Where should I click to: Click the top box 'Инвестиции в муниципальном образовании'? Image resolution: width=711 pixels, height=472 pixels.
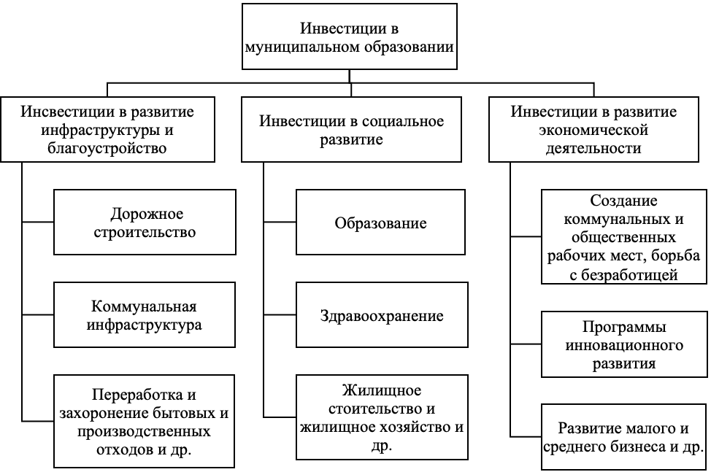click(x=349, y=36)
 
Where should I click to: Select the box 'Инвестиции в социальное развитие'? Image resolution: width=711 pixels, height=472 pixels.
click(x=351, y=130)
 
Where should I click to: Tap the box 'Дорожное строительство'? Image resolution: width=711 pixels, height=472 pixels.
click(x=145, y=222)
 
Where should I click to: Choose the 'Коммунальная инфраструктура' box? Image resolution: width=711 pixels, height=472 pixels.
click(x=145, y=315)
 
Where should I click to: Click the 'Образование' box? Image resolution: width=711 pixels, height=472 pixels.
click(x=380, y=222)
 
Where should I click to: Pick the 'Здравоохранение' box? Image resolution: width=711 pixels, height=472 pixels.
click(x=382, y=315)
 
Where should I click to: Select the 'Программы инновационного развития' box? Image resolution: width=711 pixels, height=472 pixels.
click(x=624, y=344)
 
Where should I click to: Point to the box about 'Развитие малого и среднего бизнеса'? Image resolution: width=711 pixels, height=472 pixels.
click(x=624, y=437)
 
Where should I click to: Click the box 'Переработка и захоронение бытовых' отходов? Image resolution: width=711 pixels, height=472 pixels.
click(x=144, y=421)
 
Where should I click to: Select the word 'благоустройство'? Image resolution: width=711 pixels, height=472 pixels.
click(x=107, y=148)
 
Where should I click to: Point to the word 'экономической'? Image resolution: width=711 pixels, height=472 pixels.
click(x=593, y=130)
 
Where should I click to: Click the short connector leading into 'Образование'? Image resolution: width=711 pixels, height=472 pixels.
click(x=280, y=222)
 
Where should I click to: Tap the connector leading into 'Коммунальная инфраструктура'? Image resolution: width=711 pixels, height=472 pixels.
click(x=38, y=315)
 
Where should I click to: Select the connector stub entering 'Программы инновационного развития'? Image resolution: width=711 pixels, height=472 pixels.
click(x=526, y=344)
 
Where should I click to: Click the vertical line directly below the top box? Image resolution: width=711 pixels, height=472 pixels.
click(x=349, y=76)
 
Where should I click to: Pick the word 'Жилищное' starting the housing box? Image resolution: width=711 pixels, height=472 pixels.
click(x=382, y=390)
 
